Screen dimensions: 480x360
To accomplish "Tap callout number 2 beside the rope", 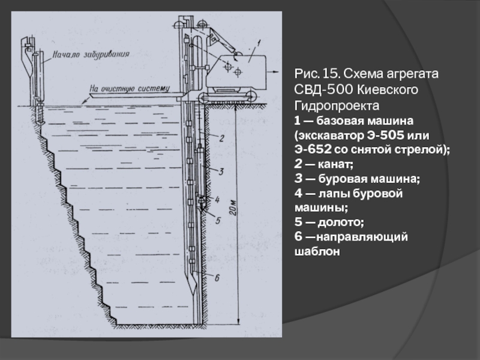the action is coord(221,139).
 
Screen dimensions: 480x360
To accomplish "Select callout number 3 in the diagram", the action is coord(221,172).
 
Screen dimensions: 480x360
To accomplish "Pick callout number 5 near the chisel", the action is coord(218,220).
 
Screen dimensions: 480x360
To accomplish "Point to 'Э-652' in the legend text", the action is coord(312,148).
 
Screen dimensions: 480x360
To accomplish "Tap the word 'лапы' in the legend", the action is coord(334,193).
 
